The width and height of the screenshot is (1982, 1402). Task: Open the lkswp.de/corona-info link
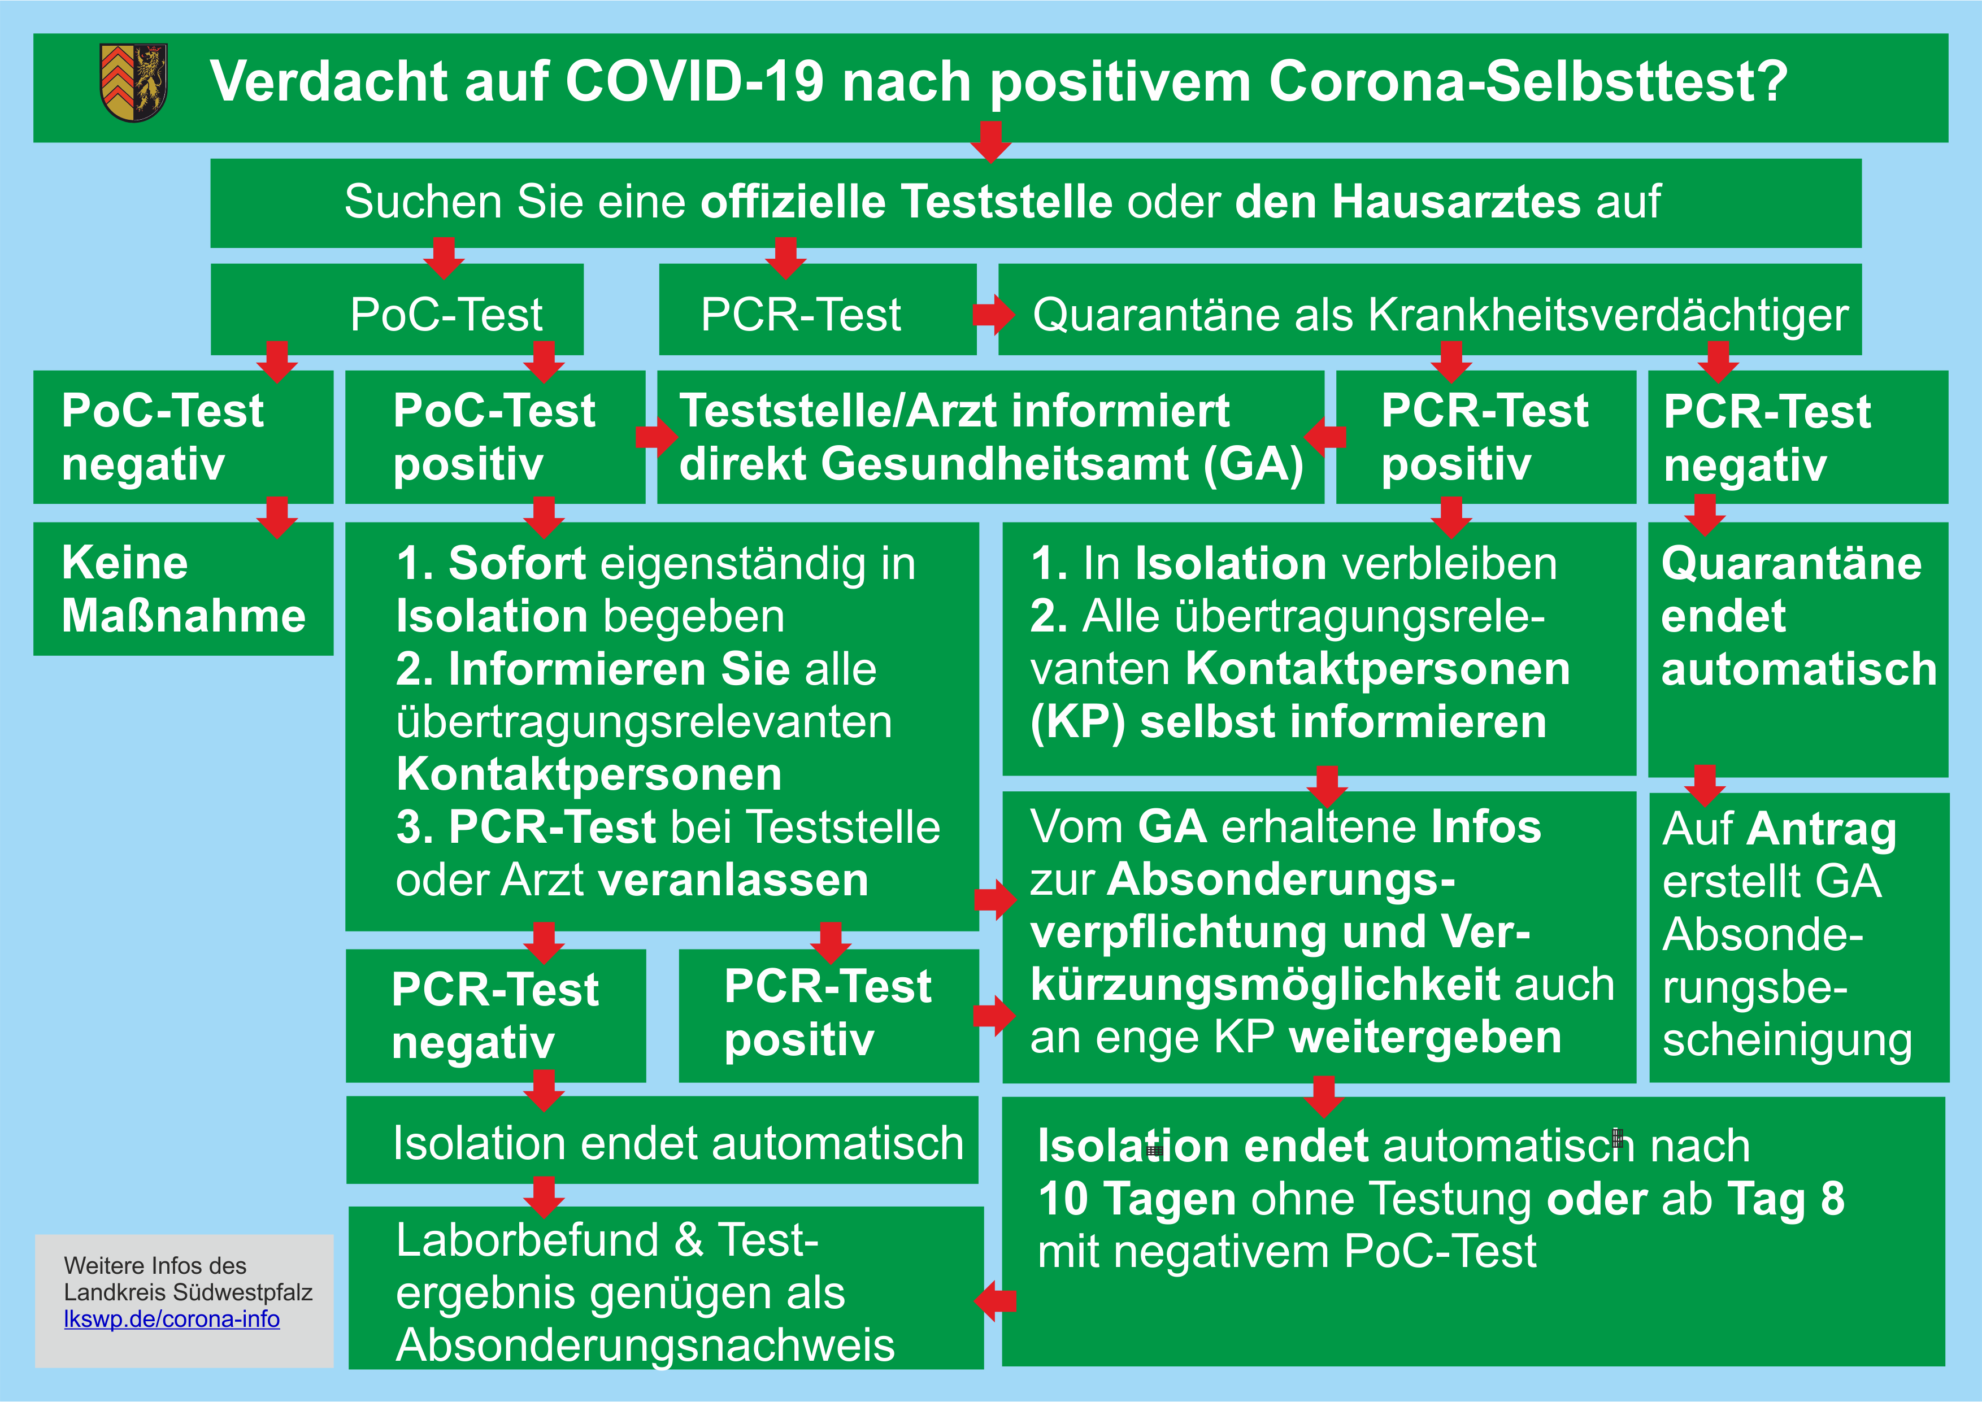(172, 1319)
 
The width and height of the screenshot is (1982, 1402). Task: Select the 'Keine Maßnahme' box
(183, 589)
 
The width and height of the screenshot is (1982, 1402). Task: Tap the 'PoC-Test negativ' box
(183, 437)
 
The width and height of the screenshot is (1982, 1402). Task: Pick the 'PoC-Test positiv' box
(494, 437)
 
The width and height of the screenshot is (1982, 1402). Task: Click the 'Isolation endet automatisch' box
(662, 1140)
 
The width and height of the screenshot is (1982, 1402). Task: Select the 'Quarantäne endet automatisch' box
(1798, 649)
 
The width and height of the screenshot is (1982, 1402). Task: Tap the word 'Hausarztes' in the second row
(1408, 202)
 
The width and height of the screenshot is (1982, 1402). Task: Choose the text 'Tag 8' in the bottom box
(1786, 1199)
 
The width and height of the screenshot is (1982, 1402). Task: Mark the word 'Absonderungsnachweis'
(645, 1345)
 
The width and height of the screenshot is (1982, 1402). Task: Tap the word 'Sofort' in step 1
(517, 564)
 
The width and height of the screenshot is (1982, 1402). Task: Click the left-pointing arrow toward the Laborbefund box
(996, 1301)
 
